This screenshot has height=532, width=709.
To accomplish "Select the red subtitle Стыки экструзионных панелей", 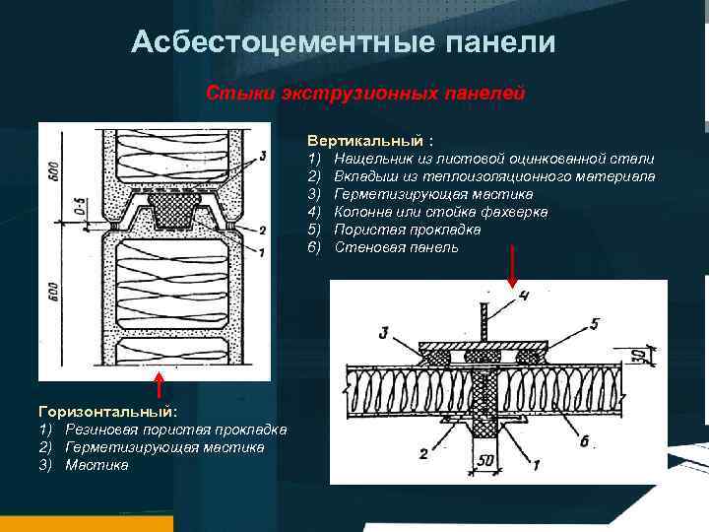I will click(365, 93).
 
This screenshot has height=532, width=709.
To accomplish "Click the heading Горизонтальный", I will click(107, 411).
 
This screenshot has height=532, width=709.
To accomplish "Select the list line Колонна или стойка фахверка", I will click(441, 212).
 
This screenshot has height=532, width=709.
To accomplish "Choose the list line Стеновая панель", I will click(396, 247).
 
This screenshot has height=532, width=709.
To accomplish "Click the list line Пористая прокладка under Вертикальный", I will click(408, 230).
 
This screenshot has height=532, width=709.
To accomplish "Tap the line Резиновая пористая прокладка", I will click(175, 430).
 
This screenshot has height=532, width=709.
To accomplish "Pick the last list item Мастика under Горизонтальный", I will click(97, 465).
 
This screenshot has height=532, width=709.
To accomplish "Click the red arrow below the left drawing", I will click(159, 385).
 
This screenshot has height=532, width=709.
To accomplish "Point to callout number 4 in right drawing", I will click(525, 295).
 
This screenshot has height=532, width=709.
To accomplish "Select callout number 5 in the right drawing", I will click(594, 321).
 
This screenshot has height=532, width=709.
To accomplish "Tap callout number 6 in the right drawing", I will click(584, 442).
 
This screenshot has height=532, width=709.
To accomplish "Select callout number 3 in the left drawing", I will click(261, 156).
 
